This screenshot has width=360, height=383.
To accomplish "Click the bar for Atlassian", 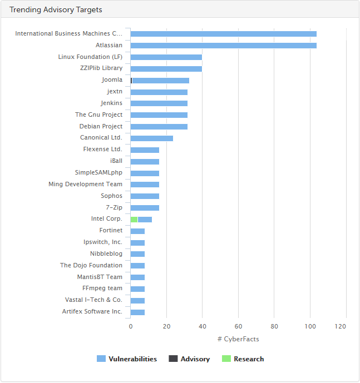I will [x=223, y=46].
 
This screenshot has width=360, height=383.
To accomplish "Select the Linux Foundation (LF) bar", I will [x=166, y=57].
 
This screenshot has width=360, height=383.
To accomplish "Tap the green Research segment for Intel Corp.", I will [x=134, y=220].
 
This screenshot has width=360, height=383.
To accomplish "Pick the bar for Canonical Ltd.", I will [x=151, y=138].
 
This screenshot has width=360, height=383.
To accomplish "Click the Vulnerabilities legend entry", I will [x=127, y=359].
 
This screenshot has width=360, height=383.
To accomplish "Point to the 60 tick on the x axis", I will [x=238, y=326].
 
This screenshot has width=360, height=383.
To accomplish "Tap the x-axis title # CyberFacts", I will [x=238, y=339].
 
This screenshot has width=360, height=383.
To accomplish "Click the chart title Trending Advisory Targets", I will [x=56, y=10].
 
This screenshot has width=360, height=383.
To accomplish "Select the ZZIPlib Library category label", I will [x=101, y=68].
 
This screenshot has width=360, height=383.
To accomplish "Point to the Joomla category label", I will [x=112, y=80].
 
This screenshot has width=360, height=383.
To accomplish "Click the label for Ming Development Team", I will [x=85, y=185].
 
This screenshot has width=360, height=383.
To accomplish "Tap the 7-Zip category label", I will [x=114, y=208].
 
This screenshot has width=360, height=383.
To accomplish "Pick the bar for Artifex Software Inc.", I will [x=137, y=312].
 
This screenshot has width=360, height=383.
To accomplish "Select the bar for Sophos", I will [x=145, y=196].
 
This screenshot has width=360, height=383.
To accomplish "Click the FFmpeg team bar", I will [x=137, y=289].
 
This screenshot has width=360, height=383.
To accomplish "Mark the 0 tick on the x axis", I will [x=131, y=326].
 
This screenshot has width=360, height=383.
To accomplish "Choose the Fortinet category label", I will [x=111, y=231].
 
